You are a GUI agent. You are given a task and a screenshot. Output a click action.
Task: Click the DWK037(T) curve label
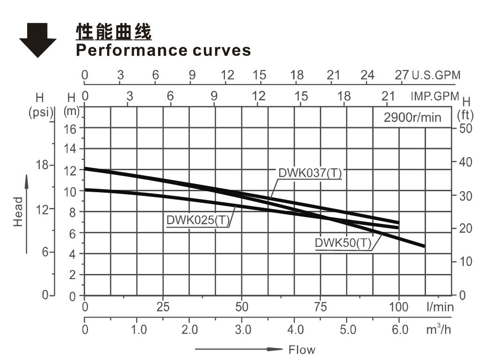[310, 173]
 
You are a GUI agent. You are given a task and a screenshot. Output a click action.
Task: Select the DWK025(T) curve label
[198, 220]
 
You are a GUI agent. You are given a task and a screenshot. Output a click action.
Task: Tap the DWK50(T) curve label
[343, 243]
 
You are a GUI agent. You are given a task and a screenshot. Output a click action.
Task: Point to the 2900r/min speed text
[412, 117]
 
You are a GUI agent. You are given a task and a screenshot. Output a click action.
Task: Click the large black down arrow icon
[37, 40]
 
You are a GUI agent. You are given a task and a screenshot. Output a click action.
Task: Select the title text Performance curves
[163, 50]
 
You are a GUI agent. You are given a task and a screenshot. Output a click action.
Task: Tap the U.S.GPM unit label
[436, 75]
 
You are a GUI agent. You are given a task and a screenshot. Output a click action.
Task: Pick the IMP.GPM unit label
[435, 96]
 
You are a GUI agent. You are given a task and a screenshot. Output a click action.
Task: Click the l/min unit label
[440, 307]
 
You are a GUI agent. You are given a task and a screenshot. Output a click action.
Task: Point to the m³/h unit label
[438, 330]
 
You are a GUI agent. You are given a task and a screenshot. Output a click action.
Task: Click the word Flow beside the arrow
[302, 350]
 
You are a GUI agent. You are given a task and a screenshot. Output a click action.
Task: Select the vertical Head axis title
[18, 211]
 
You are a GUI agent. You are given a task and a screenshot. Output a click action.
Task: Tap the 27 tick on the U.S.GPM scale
[402, 75]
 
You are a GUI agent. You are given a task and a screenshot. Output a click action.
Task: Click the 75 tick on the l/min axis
[320, 307]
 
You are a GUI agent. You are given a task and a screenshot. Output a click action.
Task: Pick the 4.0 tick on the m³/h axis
[295, 330]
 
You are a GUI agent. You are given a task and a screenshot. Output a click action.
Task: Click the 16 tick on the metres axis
[70, 128]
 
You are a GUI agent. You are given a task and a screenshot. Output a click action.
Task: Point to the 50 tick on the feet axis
[466, 128]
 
